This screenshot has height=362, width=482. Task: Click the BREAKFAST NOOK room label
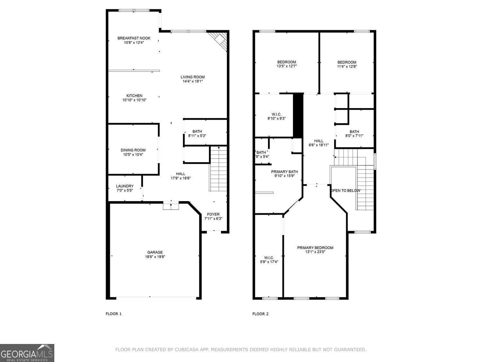(x=134, y=38)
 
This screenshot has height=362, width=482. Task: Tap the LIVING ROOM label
(x=192, y=77)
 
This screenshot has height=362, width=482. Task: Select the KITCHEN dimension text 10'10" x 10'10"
(x=134, y=100)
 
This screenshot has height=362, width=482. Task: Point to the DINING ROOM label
(x=133, y=150)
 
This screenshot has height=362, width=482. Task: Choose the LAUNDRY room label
(x=125, y=186)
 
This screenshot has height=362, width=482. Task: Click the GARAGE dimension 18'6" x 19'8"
(x=155, y=257)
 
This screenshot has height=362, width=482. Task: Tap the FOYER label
(x=213, y=214)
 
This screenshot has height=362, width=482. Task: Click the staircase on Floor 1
(x=219, y=169)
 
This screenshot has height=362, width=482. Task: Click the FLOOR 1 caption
(x=114, y=314)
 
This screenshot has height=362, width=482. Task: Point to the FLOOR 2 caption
(x=260, y=314)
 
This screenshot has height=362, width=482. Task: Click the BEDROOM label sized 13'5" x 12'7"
(x=287, y=62)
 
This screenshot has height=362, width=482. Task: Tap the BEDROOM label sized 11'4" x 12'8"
(x=347, y=62)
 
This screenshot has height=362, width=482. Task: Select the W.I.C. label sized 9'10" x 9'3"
(x=276, y=114)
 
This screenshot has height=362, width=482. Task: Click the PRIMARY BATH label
(x=284, y=172)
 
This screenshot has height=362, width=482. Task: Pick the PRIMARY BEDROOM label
(x=315, y=247)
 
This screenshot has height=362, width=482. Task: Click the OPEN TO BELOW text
(x=346, y=190)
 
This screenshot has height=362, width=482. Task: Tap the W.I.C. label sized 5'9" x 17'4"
(x=269, y=258)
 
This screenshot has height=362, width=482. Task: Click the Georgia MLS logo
(x=27, y=353)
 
